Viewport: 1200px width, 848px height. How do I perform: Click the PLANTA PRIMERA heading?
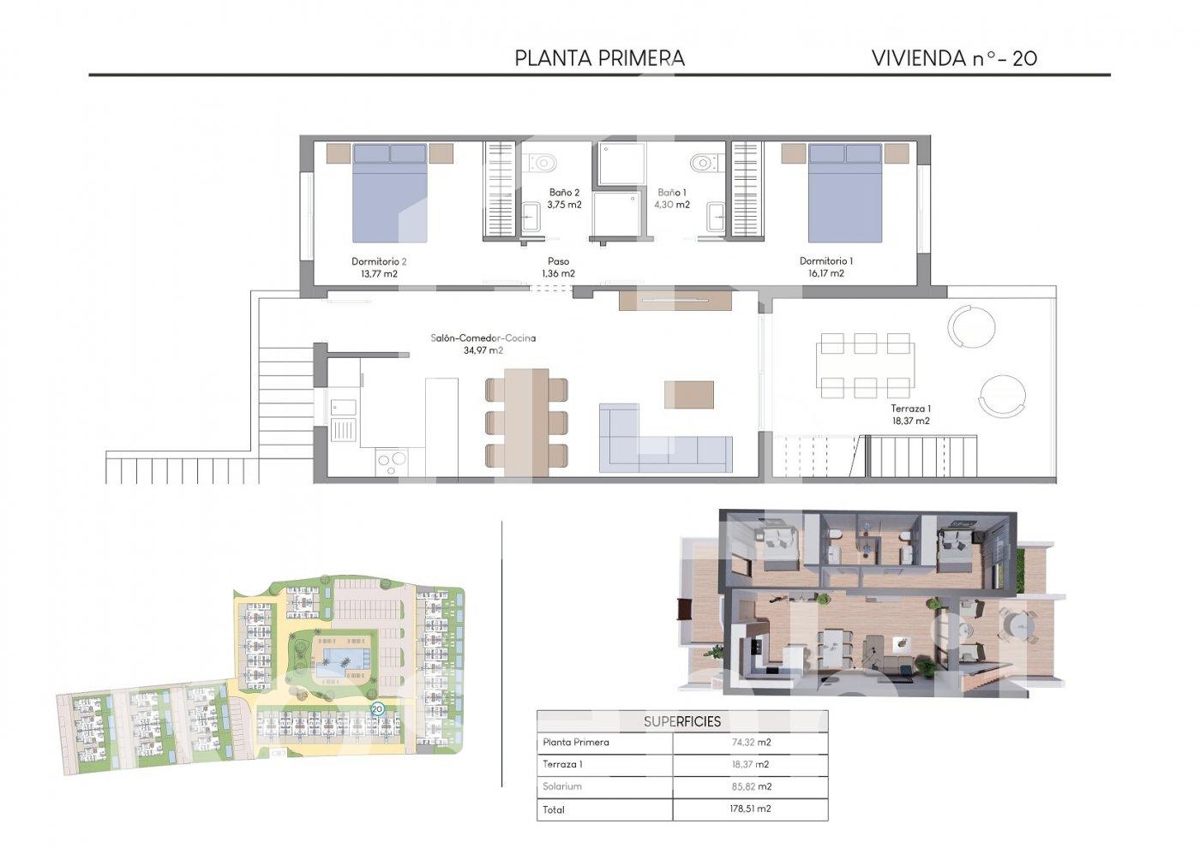599,58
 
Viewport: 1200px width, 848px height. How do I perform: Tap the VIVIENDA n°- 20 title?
954,58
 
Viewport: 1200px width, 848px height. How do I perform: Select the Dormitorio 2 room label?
379,261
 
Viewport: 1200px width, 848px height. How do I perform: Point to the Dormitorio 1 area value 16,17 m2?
826,273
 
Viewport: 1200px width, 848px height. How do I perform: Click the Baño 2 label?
564,192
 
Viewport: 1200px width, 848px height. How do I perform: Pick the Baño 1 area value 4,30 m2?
672,205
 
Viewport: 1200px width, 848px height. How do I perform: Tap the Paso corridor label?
558,261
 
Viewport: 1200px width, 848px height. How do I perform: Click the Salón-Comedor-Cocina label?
483,337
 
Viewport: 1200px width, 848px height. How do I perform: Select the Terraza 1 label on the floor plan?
910,409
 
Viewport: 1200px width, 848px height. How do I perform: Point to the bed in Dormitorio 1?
845,193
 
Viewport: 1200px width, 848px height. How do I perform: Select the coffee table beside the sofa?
689,395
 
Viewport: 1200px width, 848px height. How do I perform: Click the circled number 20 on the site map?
377,709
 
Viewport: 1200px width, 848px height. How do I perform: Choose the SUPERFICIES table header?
682,721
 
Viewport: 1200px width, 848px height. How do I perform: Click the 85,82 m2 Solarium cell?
751,786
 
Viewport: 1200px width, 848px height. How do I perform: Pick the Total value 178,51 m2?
750,809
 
